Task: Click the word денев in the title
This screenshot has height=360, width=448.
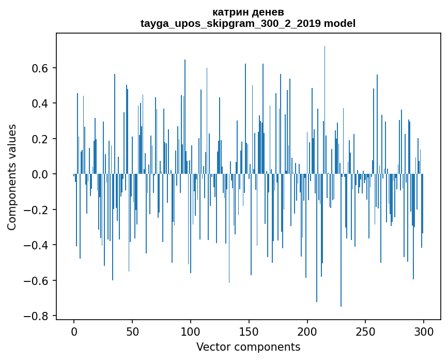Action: point(269,12)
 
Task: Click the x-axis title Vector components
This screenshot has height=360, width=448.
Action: point(248,347)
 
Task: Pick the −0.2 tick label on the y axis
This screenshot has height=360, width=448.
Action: point(38,209)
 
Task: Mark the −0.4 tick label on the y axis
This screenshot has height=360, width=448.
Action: point(38,245)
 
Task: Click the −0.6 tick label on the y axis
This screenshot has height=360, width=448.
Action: point(38,280)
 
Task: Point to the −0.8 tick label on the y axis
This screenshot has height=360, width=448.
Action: point(38,316)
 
